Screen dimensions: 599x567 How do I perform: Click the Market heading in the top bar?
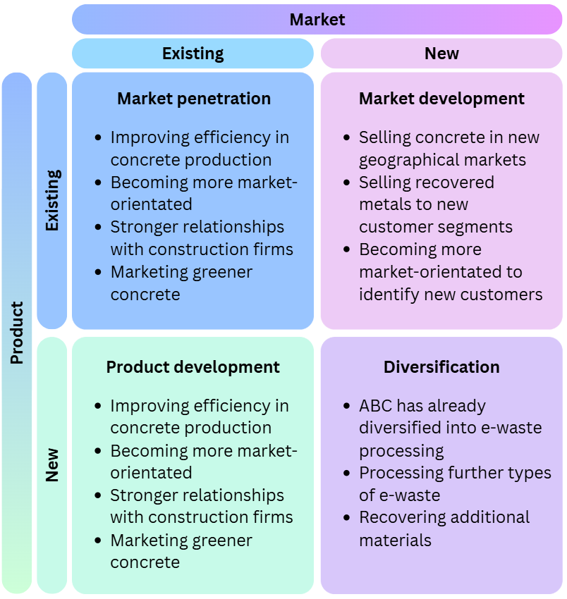point(317,19)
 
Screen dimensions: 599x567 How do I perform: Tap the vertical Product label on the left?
point(17,333)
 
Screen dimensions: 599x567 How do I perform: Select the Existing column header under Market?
point(193,54)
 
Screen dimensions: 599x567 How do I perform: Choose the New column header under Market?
point(441,54)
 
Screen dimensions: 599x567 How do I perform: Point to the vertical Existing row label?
point(52,200)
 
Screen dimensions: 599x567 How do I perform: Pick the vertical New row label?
point(52,465)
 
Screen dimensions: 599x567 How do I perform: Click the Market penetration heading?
point(194,99)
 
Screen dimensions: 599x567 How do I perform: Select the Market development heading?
point(441,99)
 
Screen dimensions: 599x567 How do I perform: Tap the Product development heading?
point(193,367)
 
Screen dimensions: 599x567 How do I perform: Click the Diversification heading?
point(441,367)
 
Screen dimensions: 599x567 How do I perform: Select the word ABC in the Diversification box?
point(375,406)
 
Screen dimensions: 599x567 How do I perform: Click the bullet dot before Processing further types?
point(346,474)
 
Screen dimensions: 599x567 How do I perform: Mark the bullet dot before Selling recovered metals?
point(346,183)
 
